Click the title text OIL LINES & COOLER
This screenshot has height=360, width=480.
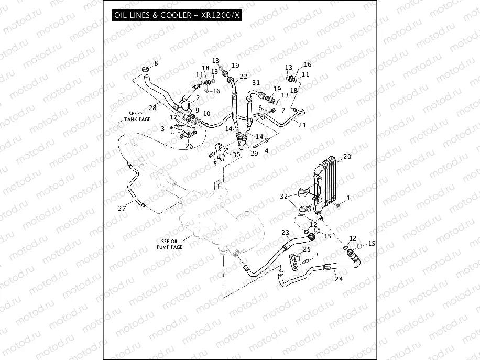coord(152,15)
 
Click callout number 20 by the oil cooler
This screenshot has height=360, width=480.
coord(346,157)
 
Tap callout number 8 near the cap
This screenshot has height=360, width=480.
coord(155,64)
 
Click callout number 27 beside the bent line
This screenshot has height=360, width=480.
coord(122,209)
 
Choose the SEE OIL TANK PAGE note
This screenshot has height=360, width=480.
coord(137,116)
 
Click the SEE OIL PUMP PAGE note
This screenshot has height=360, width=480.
coord(169,244)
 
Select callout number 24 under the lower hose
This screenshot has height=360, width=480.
coord(339,279)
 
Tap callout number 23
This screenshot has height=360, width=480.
coord(285,232)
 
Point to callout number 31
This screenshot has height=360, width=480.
coord(256,83)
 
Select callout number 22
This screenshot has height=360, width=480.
coord(244,77)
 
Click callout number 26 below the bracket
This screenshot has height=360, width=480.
coord(189,146)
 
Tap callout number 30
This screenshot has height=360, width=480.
coord(236,155)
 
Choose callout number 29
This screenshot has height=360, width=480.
coord(254,153)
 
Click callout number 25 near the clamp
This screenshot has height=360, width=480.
coord(307,249)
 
